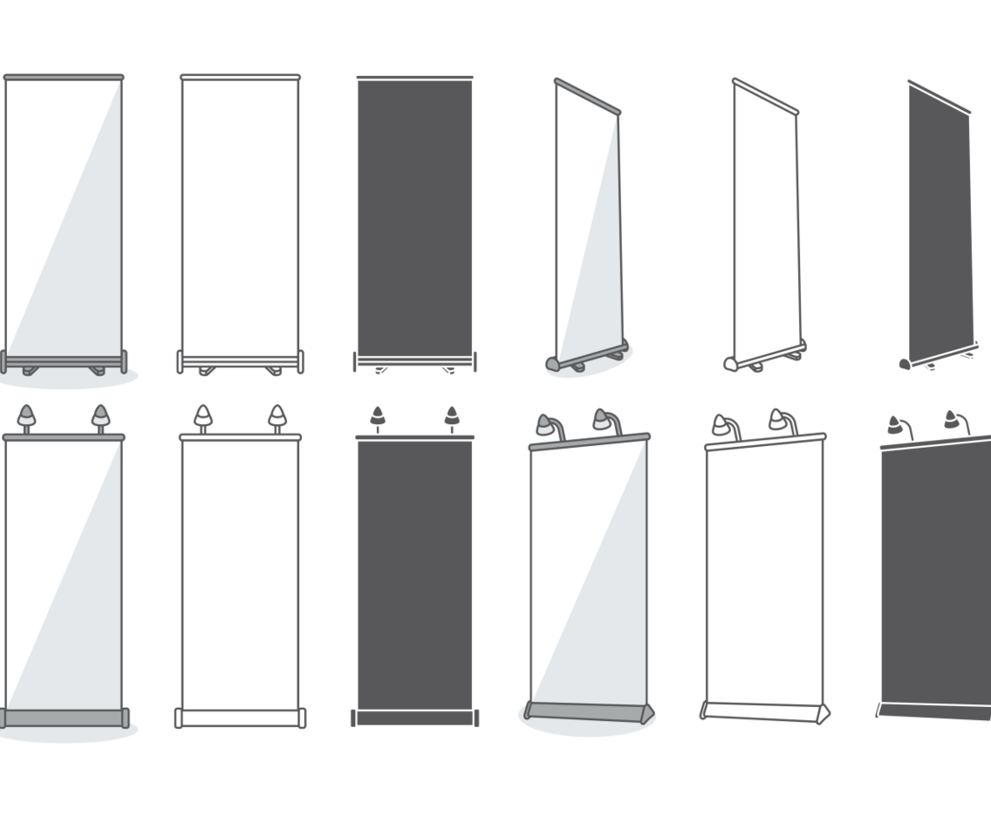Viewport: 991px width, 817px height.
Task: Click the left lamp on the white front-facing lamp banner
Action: click(27, 415)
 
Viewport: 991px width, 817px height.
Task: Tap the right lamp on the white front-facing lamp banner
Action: click(101, 415)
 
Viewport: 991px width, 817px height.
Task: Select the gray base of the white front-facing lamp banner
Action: click(65, 717)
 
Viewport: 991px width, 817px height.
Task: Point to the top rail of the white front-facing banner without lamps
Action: click(63, 78)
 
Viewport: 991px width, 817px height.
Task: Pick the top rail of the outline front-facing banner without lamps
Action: click(240, 77)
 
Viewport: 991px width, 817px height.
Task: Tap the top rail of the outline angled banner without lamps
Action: click(765, 96)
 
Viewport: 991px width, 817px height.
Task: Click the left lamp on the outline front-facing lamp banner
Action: click(202, 415)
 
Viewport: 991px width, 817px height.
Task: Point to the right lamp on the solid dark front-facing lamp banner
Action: click(451, 415)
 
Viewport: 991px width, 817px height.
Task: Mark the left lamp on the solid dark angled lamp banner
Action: click(895, 425)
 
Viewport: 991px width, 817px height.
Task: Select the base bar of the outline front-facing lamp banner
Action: click(240, 717)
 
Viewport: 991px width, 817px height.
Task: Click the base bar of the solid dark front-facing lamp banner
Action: click(414, 717)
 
